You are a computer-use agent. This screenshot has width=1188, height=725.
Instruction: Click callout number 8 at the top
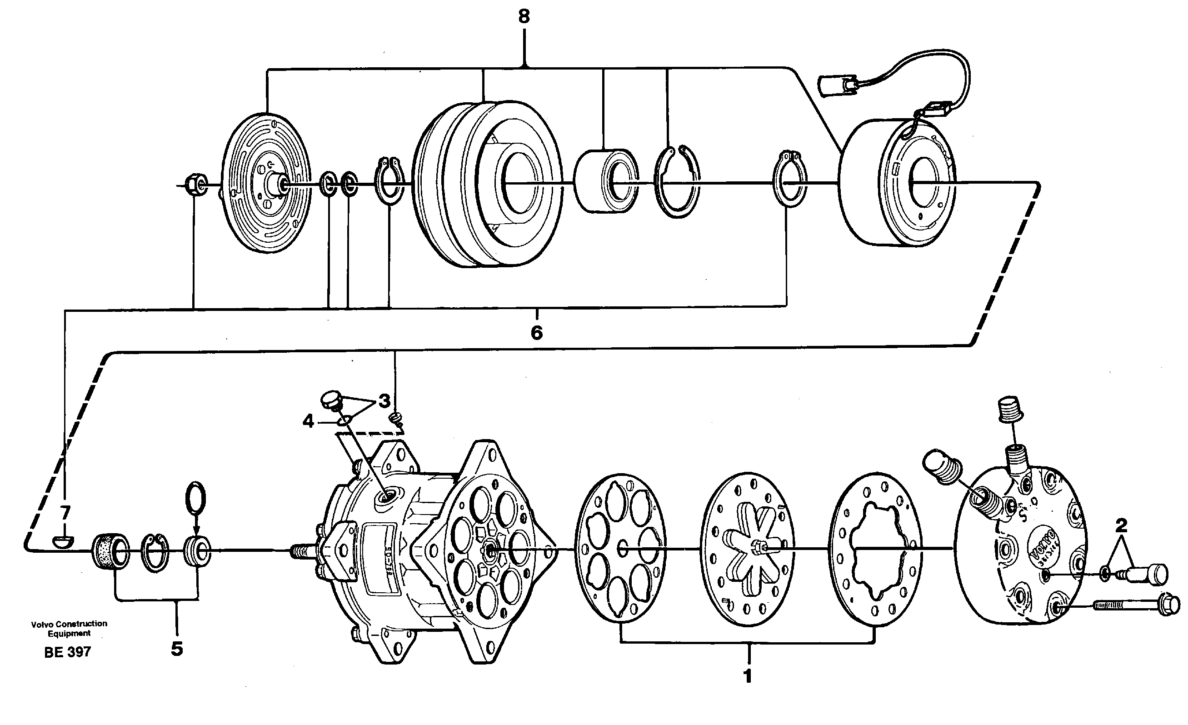[524, 17]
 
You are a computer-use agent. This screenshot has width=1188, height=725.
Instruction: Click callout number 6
[536, 333]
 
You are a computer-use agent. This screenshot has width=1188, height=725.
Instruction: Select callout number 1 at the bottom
[747, 676]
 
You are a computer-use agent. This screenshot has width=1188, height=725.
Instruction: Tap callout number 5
[177, 649]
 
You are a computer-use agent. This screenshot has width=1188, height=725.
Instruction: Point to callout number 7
[65, 512]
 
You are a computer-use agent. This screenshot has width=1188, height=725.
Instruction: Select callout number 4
[308, 421]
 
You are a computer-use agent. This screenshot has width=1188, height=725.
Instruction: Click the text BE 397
[68, 652]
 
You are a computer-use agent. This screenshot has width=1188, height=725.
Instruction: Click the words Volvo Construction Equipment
[69, 628]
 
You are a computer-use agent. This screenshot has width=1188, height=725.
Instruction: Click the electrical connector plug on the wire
[835, 88]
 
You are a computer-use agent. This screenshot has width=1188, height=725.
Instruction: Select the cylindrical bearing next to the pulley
[606, 181]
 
